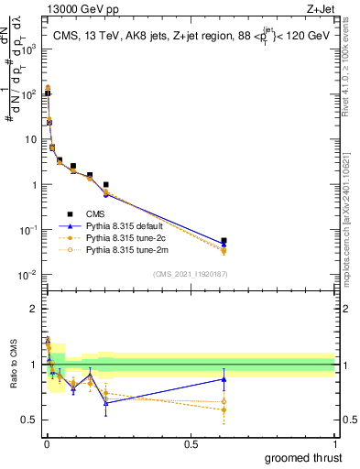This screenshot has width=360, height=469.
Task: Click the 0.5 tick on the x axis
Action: point(191,444)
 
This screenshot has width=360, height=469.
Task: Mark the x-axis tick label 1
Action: point(334,444)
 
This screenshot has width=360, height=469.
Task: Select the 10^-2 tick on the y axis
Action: point(28,276)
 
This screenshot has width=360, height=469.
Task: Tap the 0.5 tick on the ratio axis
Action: point(32,420)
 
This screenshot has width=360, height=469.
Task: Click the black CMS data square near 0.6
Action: point(224,241)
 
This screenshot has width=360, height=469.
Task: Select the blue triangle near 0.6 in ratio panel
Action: point(224,379)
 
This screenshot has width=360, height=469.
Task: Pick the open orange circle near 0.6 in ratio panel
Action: point(224,401)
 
